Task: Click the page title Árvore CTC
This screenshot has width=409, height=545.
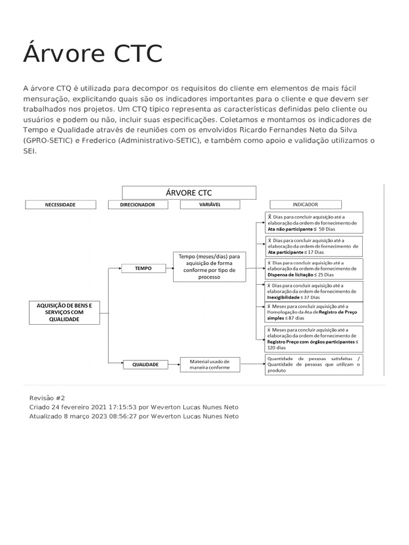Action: tap(93, 54)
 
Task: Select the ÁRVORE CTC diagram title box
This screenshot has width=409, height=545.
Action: tap(189, 192)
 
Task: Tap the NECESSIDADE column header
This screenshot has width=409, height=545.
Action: tap(60, 204)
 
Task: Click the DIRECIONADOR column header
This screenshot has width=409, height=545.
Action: tap(137, 204)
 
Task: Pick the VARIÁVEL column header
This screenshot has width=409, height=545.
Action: tap(210, 204)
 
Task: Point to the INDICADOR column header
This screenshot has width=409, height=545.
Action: tap(305, 204)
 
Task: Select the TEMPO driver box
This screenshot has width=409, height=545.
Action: tap(143, 269)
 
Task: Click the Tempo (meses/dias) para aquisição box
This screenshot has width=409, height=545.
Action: tap(209, 267)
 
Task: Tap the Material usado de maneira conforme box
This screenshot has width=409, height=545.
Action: tap(209, 365)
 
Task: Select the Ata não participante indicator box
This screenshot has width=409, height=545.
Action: tap(314, 223)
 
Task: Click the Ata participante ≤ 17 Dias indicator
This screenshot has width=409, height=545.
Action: tap(314, 246)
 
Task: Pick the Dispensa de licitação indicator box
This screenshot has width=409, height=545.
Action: tap(314, 269)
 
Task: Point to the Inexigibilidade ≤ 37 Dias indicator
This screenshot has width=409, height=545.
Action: tap(314, 291)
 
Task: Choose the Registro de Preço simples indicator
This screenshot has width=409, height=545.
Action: tap(314, 312)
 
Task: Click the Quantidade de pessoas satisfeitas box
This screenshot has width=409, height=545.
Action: tap(314, 365)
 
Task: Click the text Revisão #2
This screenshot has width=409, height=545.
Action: tap(47, 398)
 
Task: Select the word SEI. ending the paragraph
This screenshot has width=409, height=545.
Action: tap(29, 151)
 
